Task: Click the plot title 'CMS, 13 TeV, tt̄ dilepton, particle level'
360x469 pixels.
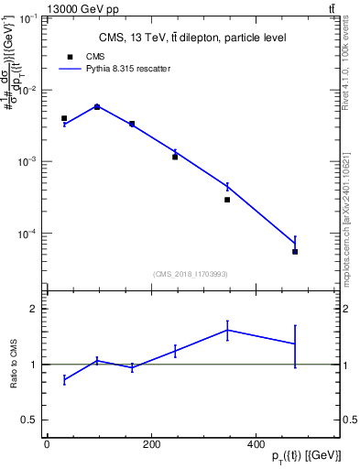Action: [x=191, y=38]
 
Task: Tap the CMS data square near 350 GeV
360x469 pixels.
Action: [x=227, y=200]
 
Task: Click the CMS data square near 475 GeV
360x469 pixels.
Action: [x=295, y=252]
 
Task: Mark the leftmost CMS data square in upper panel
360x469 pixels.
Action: [x=64, y=118]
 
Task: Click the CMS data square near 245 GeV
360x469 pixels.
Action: [x=175, y=157]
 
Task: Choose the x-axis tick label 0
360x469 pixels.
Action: [x=47, y=445]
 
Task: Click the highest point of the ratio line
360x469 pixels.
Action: [x=227, y=330]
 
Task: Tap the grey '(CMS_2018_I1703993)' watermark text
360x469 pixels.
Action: [x=191, y=274]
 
